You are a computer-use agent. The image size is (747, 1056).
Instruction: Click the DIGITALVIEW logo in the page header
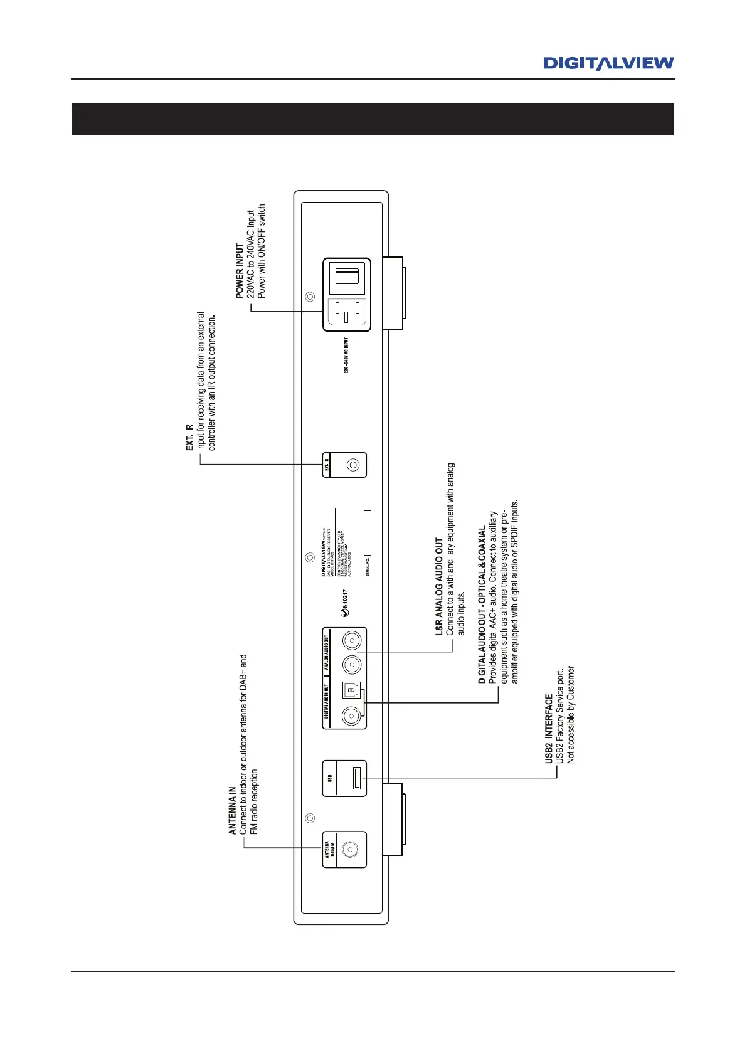[x=608, y=63]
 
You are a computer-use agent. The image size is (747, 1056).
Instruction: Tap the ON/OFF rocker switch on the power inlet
[x=346, y=276]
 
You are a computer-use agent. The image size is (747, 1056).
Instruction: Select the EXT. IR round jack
[x=353, y=465]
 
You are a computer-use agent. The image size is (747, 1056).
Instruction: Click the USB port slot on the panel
[x=356, y=779]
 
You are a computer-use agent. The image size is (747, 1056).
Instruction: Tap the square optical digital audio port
[x=351, y=690]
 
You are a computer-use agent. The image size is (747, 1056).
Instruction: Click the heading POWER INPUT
[x=240, y=271]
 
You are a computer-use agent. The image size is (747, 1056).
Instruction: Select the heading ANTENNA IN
[x=233, y=810]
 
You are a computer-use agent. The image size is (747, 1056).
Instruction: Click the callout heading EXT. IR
[x=189, y=438]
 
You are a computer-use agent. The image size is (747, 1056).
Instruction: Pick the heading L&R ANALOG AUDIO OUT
[x=439, y=586]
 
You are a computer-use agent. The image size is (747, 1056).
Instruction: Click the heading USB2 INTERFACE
[x=549, y=728]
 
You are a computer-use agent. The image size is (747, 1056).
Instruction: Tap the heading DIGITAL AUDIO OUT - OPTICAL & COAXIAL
[x=482, y=605]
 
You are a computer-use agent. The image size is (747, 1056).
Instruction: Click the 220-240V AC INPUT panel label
[x=346, y=355]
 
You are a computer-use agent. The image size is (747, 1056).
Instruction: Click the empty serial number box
[x=368, y=532]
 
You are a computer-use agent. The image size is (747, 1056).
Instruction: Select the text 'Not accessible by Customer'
[x=571, y=715]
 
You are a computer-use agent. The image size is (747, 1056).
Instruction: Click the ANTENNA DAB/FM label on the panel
[x=330, y=850]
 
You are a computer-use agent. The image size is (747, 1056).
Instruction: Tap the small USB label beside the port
[x=329, y=779]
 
